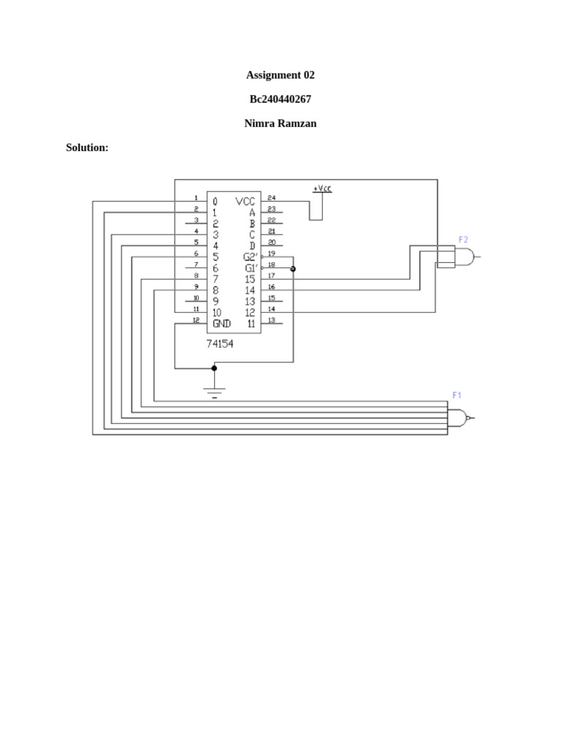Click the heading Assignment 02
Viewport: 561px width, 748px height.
coord(280,75)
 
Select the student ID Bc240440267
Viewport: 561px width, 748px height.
coord(280,99)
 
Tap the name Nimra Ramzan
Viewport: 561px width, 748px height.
coord(280,123)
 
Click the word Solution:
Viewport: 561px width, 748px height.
coord(87,148)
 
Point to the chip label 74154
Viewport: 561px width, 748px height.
coord(219,343)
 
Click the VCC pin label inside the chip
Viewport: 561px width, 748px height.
coord(245,201)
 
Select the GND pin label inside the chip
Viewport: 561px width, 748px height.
coord(222,323)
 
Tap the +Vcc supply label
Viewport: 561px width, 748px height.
coord(322,188)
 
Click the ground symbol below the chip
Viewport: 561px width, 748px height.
coord(214,392)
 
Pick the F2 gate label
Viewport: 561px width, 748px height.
coord(463,240)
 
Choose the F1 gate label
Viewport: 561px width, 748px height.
coord(457,395)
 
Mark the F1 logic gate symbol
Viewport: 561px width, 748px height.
coord(458,418)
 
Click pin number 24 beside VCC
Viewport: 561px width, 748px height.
coord(271,198)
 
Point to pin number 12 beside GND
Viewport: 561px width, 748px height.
coord(195,320)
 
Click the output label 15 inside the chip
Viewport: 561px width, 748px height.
coord(250,279)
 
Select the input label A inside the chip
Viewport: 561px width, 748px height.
coord(252,213)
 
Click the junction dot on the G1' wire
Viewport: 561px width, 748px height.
coord(293,270)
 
